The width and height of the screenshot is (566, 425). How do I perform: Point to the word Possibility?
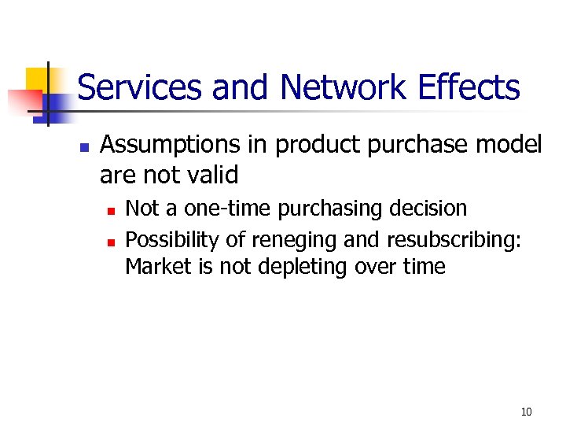[170, 238]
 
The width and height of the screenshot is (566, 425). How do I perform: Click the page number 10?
[526, 412]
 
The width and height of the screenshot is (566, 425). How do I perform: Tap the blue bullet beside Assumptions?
[84, 147]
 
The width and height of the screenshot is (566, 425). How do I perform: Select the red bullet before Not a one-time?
[111, 210]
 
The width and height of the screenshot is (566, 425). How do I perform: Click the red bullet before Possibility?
[111, 239]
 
